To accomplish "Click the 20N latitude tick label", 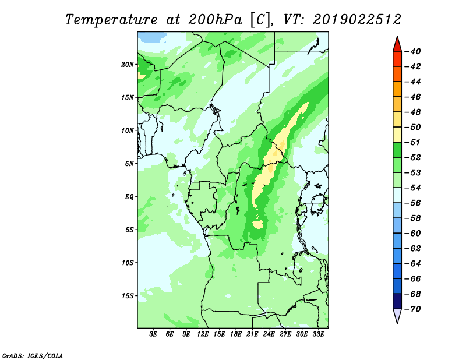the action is click(x=128, y=65).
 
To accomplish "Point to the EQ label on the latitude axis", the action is click(x=129, y=197).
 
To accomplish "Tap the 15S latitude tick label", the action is click(x=128, y=296).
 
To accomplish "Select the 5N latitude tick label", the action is click(x=129, y=164).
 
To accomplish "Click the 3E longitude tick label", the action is click(x=153, y=334).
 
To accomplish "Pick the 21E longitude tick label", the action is click(x=252, y=334).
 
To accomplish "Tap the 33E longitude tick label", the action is click(x=318, y=334).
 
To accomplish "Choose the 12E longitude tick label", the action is click(x=203, y=334).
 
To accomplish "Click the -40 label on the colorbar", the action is click(x=413, y=51).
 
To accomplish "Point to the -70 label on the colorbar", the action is click(x=413, y=309).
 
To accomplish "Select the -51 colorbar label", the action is click(x=413, y=142).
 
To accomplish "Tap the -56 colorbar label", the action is click(x=413, y=203).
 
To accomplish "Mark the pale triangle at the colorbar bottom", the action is click(x=397, y=315).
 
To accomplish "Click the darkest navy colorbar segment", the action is click(x=397, y=301).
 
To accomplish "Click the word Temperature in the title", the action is click(x=111, y=20).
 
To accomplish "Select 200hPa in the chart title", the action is click(x=215, y=20).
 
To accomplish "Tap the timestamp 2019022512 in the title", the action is click(x=357, y=20).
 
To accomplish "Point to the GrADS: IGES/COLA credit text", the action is click(x=33, y=356).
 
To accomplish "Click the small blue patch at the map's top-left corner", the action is click(x=151, y=37).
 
